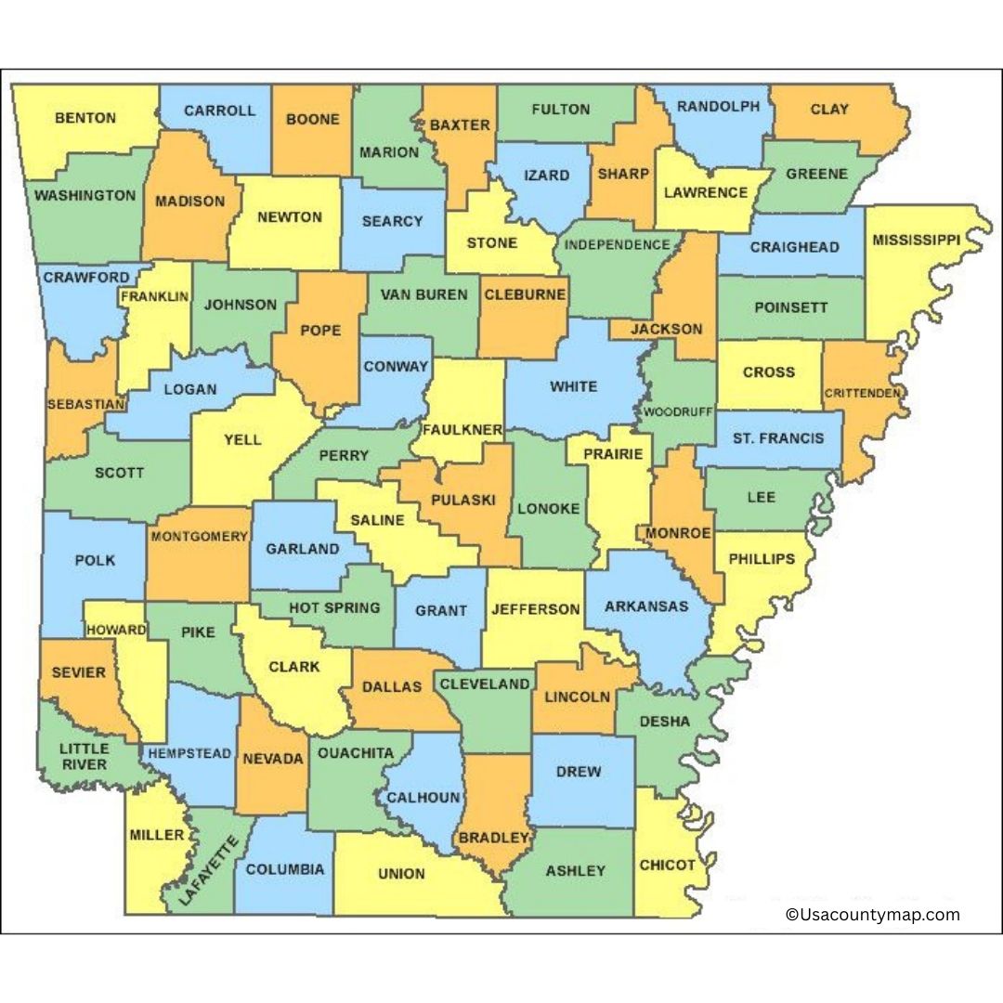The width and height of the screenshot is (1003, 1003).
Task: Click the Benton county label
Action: coord(85,118)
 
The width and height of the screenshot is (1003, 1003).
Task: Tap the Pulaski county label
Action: coord(462,500)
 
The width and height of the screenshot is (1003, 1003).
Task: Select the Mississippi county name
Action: coord(916,241)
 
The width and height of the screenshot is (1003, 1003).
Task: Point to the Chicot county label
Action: coord(667,865)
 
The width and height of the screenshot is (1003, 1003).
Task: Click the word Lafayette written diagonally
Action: coord(201,871)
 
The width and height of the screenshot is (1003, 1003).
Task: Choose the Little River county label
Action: coord(84,756)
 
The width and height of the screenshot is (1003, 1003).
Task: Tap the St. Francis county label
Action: coord(777,437)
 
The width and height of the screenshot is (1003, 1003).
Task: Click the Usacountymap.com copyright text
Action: coord(872,915)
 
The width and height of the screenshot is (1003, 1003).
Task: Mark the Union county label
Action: coord(401,873)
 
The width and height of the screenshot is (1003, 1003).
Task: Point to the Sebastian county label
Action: coord(85,404)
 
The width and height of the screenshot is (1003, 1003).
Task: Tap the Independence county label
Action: coord(617,245)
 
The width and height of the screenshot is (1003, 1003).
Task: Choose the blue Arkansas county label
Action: coord(646,606)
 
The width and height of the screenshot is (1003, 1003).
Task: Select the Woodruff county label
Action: coord(676,410)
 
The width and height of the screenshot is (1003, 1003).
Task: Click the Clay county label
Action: coord(829,109)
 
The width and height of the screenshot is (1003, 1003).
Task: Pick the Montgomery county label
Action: coord(199,536)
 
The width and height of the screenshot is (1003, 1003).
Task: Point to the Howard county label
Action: coord(116,630)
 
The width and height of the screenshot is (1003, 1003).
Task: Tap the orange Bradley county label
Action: coord(492,838)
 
